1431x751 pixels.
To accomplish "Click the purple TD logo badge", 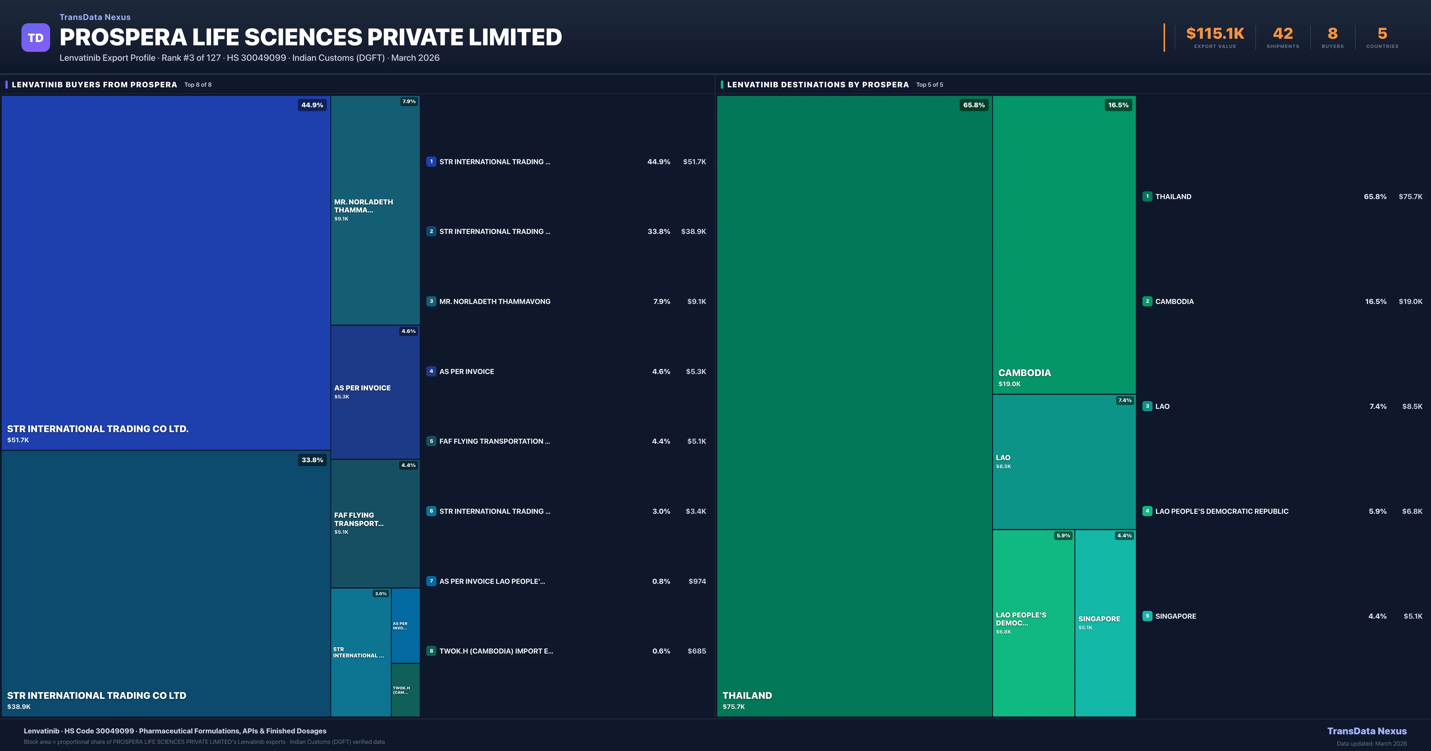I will click(x=35, y=38).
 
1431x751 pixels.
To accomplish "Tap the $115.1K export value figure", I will click(x=1215, y=34).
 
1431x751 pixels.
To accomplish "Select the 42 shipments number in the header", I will click(x=1283, y=34).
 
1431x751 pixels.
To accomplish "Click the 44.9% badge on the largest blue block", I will click(x=312, y=105).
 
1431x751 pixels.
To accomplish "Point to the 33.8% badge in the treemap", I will click(x=312, y=460).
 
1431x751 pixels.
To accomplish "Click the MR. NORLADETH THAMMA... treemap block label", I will click(x=363, y=206).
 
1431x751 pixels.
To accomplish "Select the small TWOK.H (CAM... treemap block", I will click(x=405, y=690).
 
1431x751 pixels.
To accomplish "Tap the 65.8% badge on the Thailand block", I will click(x=974, y=105).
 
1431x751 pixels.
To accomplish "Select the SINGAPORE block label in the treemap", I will click(x=1099, y=619).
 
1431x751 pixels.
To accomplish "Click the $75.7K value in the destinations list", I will click(x=1410, y=197).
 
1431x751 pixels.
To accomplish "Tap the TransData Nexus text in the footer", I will click(x=1367, y=731).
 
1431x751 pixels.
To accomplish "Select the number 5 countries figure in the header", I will click(x=1382, y=34).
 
